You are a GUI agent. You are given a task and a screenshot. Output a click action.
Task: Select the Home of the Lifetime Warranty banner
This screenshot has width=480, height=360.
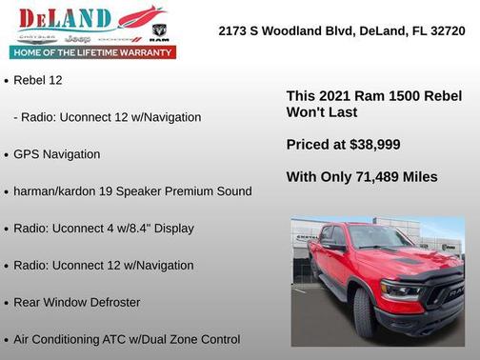[x=93, y=52]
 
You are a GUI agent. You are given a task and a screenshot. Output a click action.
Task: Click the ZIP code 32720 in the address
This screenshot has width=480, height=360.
[x=446, y=30]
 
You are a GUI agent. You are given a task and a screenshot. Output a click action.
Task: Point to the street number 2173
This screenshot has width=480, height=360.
[x=234, y=30]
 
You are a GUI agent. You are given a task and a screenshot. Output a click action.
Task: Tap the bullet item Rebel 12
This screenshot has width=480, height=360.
[x=38, y=80]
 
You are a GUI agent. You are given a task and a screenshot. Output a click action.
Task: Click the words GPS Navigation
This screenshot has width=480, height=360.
[x=56, y=154]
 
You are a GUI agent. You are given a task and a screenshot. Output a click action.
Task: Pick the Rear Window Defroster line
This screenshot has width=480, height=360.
[x=76, y=302]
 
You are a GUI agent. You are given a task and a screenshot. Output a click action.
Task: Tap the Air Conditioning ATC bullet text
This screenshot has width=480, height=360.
[x=127, y=339]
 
